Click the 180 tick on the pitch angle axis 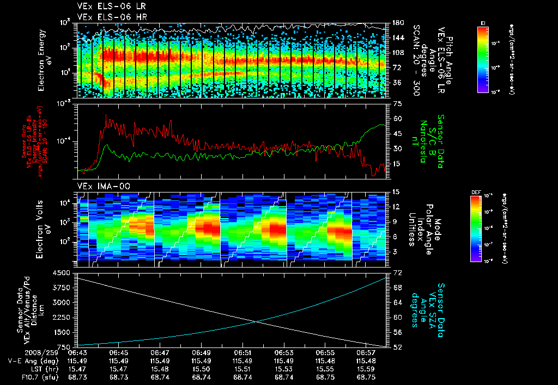pyautogui.click(x=398, y=23)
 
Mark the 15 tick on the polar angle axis pyautogui.click(x=396, y=192)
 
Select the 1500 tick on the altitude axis pyautogui.click(x=64, y=332)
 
